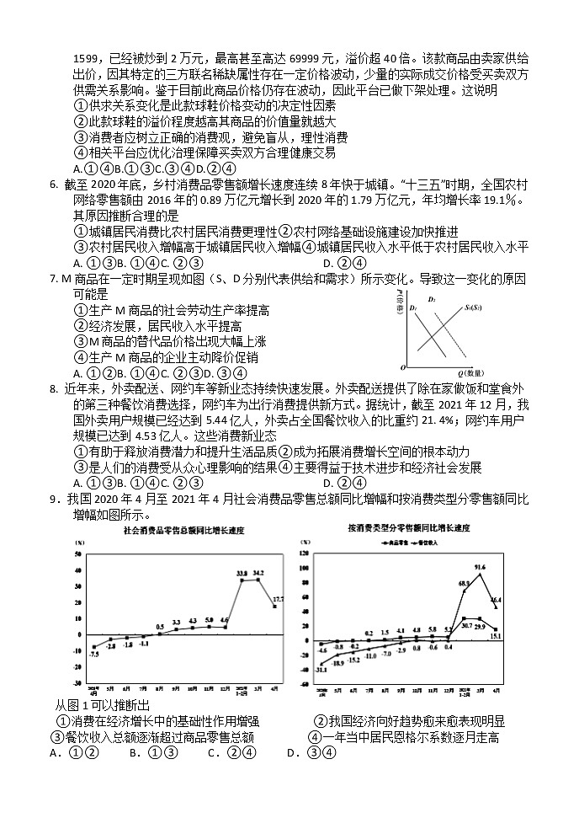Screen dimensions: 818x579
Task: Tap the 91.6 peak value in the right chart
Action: point(480,568)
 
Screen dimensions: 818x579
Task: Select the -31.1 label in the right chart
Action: point(321,669)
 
